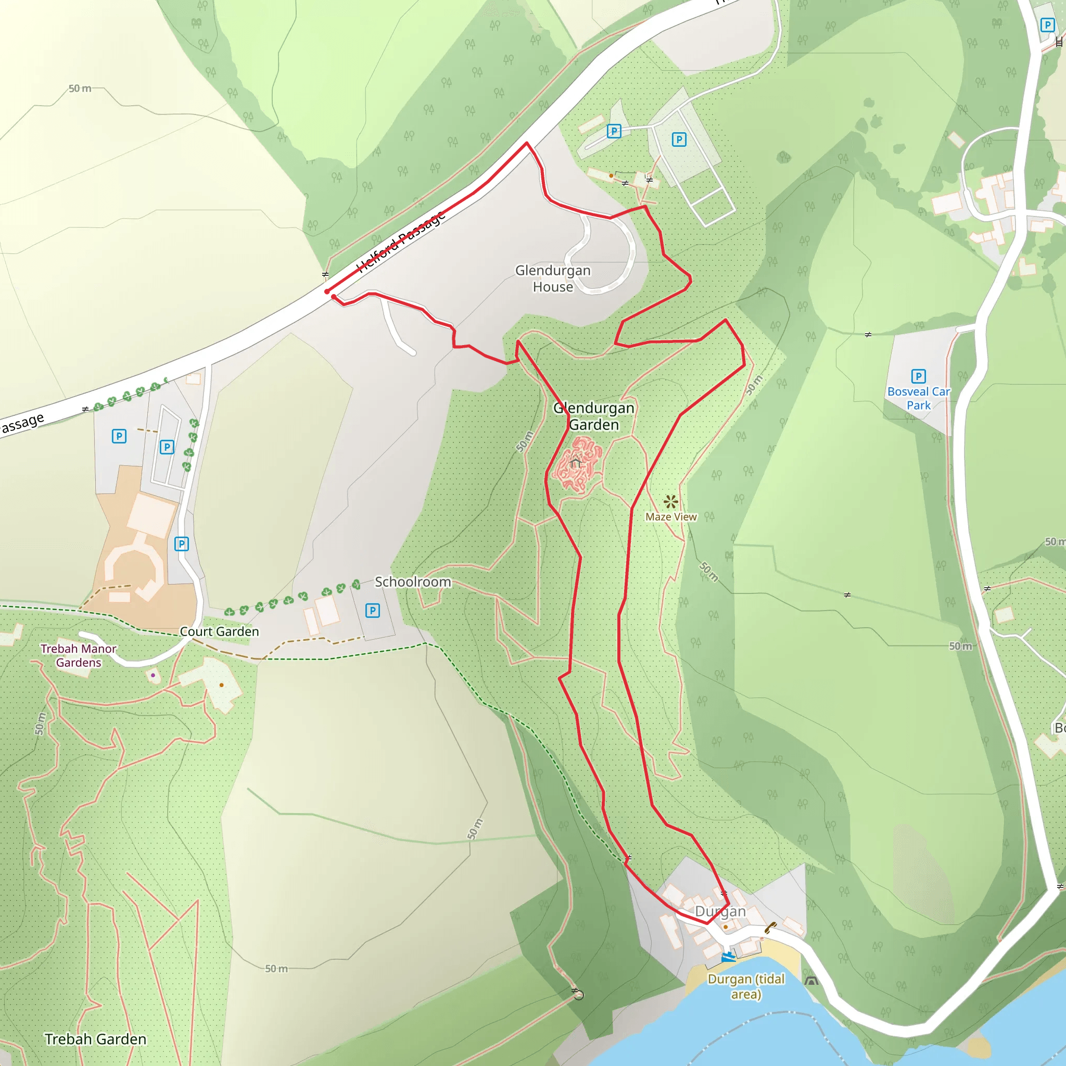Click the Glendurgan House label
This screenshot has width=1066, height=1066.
(553, 278)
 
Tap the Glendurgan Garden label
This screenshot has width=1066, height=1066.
(594, 416)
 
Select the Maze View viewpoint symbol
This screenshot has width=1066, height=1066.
(670, 502)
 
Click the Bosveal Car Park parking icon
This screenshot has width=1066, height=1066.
(918, 376)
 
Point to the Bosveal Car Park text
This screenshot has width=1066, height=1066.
(918, 398)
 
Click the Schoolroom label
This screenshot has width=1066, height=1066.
(413, 581)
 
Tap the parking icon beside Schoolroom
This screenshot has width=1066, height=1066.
(373, 611)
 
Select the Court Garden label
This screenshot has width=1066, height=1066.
(219, 631)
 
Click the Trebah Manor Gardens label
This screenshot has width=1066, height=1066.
(79, 655)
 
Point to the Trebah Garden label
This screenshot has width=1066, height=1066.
(95, 1039)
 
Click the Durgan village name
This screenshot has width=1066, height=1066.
(720, 911)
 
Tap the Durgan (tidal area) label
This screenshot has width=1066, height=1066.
(746, 986)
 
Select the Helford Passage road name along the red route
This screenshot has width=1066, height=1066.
(401, 242)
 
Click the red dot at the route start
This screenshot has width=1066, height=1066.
(327, 291)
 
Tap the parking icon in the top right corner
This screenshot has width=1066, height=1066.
(1047, 25)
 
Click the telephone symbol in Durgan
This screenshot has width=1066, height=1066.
(770, 928)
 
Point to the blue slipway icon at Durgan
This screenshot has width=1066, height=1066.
(729, 957)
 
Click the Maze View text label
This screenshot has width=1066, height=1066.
(671, 517)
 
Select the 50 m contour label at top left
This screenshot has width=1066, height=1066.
(80, 88)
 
